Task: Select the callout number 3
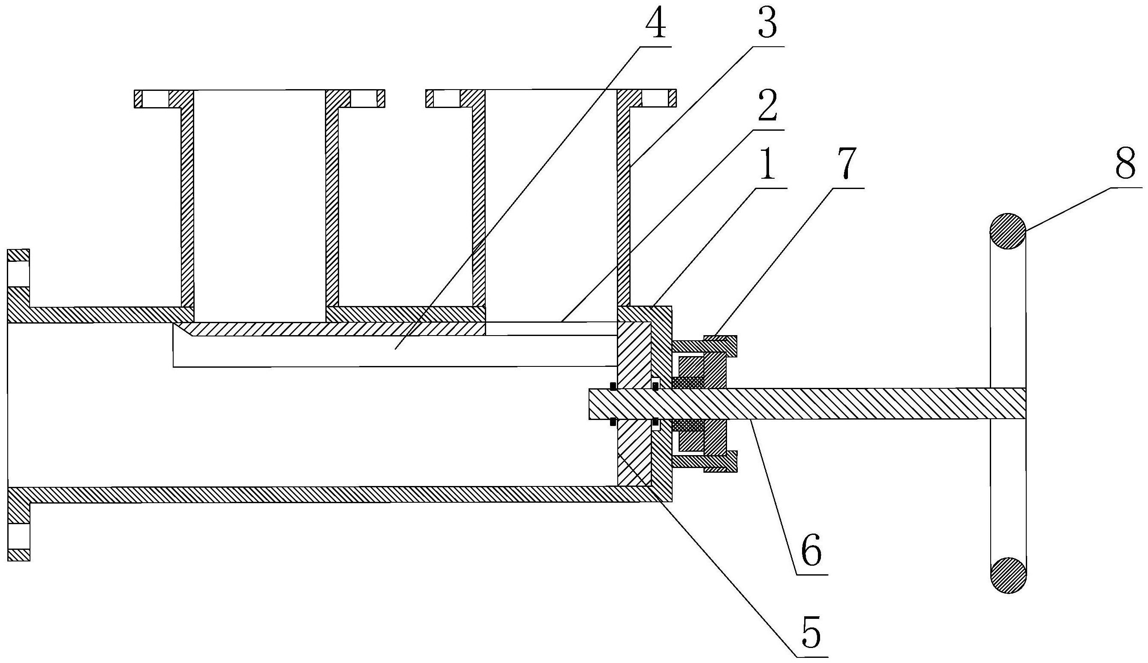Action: [x=768, y=24]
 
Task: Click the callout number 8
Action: [x=1125, y=164]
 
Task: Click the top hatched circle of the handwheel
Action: [x=1008, y=231]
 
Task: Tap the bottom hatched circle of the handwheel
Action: [x=1008, y=575]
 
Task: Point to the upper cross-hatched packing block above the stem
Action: [x=688, y=382]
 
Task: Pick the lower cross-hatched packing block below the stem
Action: [x=688, y=425]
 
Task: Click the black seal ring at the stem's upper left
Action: [x=613, y=386]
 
